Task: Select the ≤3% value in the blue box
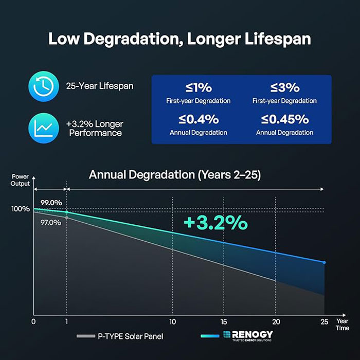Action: click(285, 88)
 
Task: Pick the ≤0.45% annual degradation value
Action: click(285, 119)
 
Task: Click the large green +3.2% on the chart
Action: click(215, 223)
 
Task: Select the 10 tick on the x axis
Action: click(172, 322)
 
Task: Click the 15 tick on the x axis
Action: click(224, 322)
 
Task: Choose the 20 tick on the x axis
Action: click(276, 322)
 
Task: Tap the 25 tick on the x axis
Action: click(323, 322)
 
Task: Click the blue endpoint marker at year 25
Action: click(324, 262)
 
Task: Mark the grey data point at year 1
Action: click(66, 218)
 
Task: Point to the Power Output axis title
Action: click(21, 180)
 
